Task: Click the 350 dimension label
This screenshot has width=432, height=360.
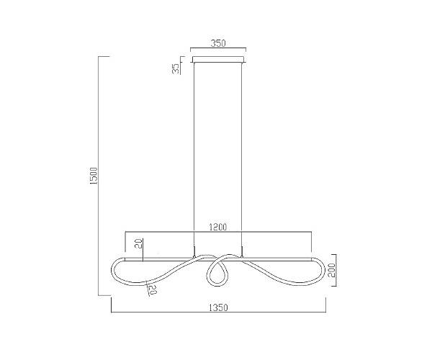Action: click(218, 43)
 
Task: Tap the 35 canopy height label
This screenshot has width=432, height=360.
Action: click(176, 68)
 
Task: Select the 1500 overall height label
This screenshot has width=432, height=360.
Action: click(94, 176)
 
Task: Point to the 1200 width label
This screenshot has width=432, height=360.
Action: click(218, 228)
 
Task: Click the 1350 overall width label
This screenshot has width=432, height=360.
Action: click(219, 307)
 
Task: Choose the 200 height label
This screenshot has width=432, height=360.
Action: click(331, 270)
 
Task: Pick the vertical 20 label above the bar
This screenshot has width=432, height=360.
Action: click(140, 243)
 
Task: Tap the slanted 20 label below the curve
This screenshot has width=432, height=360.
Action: click(153, 289)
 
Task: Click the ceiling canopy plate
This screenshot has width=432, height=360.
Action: click(218, 60)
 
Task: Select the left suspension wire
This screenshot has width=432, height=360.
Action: click(194, 159)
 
